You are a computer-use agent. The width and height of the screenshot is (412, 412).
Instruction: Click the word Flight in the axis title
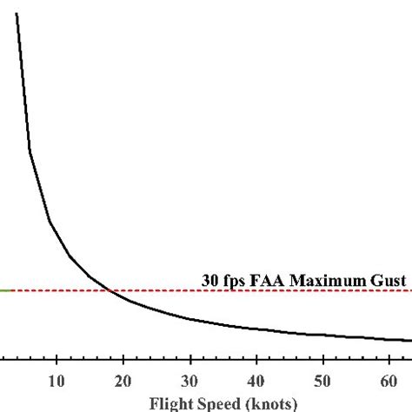pyautogui.click(x=170, y=403)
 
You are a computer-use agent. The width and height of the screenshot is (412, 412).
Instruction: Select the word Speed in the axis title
pyautogui.click(x=216, y=403)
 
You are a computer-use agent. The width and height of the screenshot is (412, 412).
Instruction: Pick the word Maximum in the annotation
pyautogui.click(x=329, y=305)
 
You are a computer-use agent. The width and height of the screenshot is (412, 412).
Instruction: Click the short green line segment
pyautogui.click(x=5, y=315)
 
